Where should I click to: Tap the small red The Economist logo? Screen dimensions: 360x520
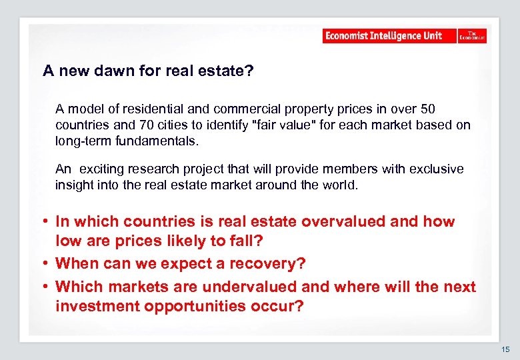472,36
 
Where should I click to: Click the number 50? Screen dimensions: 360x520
427,109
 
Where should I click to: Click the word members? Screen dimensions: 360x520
338,169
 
